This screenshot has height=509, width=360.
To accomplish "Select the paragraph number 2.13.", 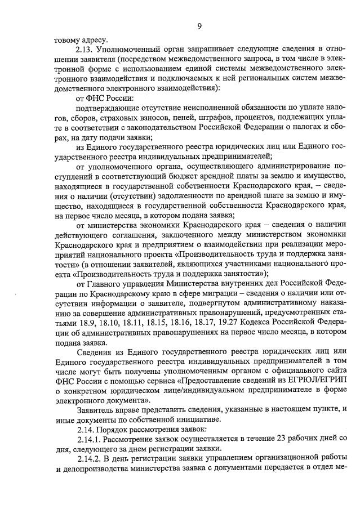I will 86,50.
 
